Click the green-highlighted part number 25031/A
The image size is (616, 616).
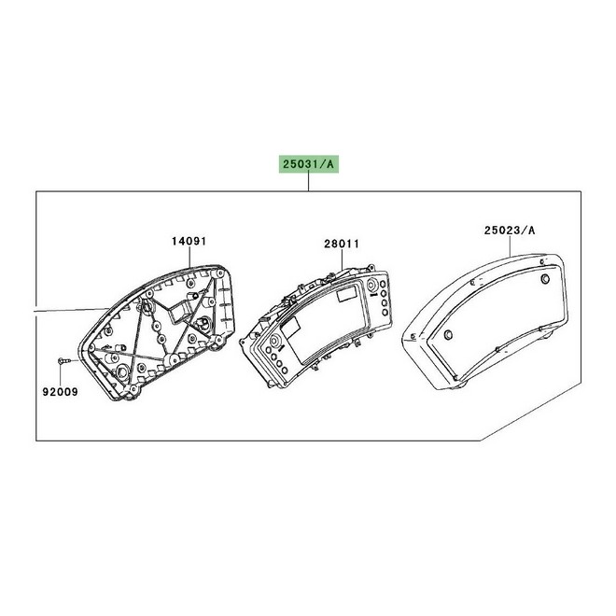pyautogui.click(x=308, y=164)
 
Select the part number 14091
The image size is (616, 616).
pyautogui.click(x=189, y=241)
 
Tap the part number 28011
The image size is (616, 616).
pyautogui.click(x=342, y=244)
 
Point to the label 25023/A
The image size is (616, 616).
pyautogui.click(x=510, y=231)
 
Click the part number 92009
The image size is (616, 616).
pyautogui.click(x=60, y=392)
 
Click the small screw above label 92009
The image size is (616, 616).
pyautogui.click(x=63, y=360)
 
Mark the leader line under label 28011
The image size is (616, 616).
pyautogui.click(x=342, y=260)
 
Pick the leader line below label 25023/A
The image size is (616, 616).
pyautogui.click(x=510, y=245)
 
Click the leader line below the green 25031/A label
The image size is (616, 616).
pyautogui.click(x=309, y=182)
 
